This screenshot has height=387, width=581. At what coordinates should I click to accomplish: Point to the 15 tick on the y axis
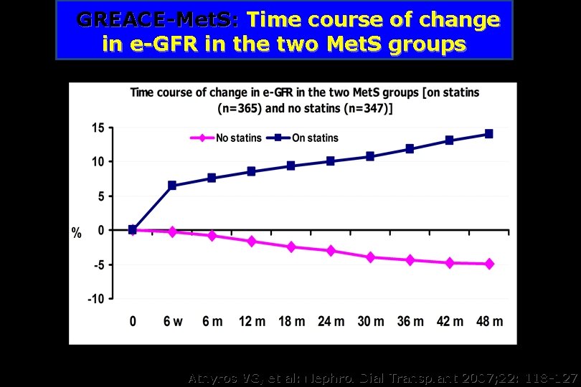point(97,128)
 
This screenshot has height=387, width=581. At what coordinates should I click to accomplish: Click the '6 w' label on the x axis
point(172,322)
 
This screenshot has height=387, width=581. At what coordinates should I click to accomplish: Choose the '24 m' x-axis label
point(331,322)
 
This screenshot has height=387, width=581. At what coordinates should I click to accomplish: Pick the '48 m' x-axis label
point(489,322)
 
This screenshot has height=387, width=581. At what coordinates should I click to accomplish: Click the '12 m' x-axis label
point(251,322)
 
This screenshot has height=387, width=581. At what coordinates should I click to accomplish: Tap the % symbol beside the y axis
point(76,233)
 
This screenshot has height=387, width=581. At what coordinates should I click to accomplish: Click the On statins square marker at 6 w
point(172,186)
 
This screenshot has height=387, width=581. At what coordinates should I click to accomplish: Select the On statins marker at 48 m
point(489,134)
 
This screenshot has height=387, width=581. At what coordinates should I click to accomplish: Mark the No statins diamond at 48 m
point(489,264)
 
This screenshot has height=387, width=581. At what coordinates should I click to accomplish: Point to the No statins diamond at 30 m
point(370,257)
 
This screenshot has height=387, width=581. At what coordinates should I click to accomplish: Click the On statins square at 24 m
point(331,161)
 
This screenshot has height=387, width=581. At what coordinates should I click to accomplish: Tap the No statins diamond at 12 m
point(251,242)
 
